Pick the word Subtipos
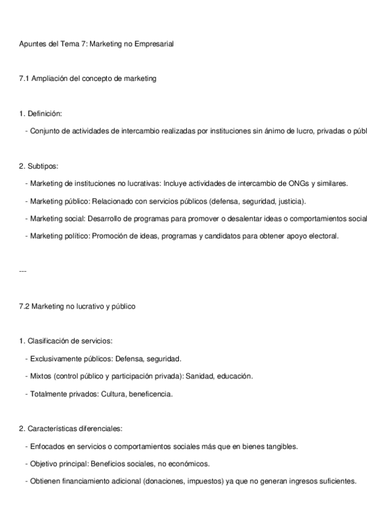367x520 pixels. click(x=44, y=166)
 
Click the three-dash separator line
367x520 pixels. click(x=23, y=270)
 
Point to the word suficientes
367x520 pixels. click(x=335, y=481)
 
